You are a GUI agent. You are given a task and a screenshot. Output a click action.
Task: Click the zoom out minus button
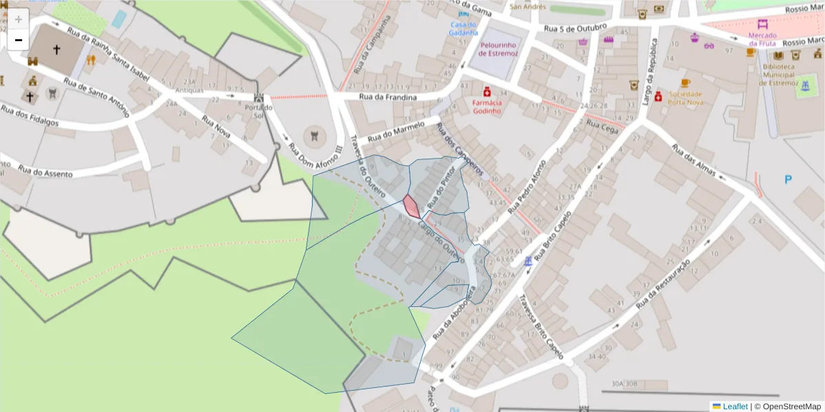[19, 40]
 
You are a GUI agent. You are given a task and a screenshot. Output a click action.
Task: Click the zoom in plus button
[19, 19]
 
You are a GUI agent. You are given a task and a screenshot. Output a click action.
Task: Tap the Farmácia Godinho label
[487, 106]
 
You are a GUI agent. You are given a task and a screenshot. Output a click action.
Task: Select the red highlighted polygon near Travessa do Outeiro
[410, 206]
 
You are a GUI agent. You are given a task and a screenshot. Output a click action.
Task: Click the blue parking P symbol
[788, 180]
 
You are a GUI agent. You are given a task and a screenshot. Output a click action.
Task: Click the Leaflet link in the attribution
[734, 407]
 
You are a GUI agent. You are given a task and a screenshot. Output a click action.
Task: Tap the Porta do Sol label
[258, 111]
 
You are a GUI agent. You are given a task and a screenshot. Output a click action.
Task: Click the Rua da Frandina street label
[388, 98]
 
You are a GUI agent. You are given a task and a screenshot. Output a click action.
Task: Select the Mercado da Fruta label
[762, 39]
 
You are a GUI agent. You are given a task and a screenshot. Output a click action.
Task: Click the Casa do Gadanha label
[464, 29]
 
